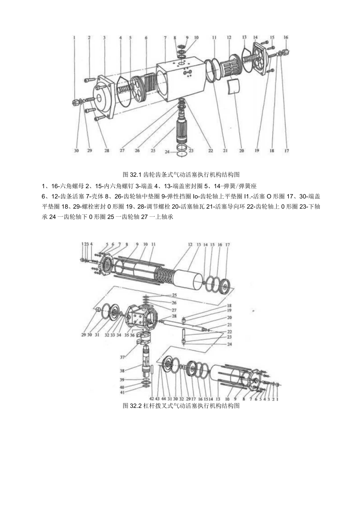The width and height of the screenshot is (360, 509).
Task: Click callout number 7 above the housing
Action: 165,38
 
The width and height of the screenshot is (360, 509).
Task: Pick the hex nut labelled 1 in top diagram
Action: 74,103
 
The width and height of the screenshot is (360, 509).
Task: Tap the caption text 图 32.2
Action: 180,406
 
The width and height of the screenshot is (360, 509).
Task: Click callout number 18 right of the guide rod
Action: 229,305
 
